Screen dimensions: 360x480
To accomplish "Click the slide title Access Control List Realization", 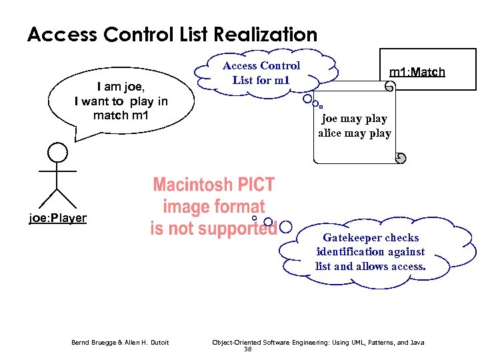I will coord(172,35).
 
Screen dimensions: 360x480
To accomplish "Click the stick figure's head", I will coord(58,154).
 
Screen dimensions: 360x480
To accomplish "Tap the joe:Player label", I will coord(57,218).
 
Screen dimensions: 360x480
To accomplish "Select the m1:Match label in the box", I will coord(417,71).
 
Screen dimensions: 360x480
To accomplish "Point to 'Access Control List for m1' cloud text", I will coord(261,73).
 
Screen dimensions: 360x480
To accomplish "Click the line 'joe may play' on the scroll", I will coord(354,119).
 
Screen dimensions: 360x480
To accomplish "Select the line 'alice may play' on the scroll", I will coord(354,133).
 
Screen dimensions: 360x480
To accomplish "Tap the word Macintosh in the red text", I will coord(193,185).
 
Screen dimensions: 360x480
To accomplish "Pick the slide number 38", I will coord(247,349).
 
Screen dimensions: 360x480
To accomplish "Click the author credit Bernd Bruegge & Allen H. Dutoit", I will coord(120,343).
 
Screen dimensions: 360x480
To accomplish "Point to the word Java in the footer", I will coord(416,343).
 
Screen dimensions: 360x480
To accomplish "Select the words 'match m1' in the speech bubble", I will coord(121,115).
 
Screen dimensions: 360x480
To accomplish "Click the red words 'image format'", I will coord(214,207).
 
